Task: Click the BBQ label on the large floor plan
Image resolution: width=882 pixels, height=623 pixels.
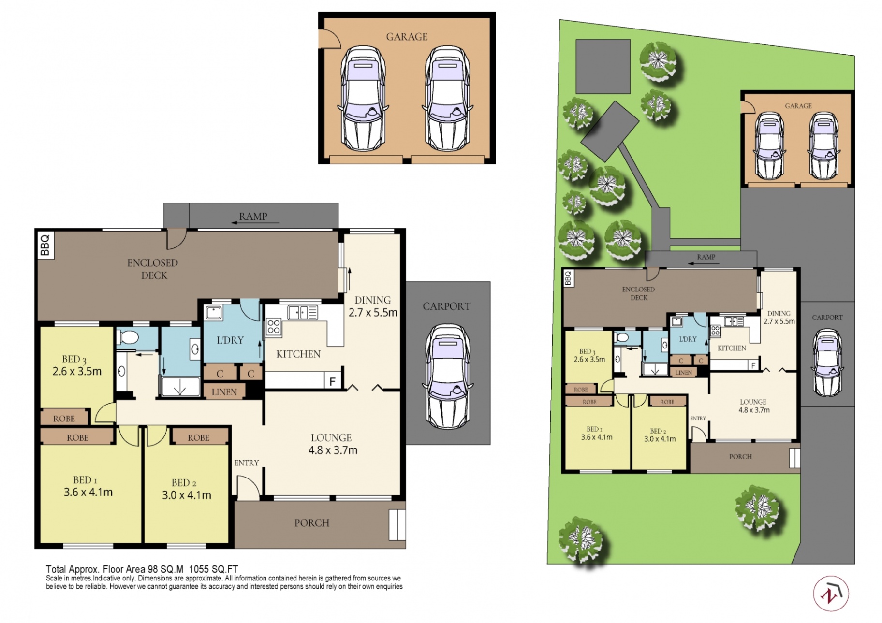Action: (45, 245)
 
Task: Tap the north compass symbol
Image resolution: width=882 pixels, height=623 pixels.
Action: (830, 593)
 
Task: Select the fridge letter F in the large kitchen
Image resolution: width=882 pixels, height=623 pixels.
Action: (332, 381)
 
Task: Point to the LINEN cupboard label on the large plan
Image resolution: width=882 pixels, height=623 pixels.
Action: (224, 392)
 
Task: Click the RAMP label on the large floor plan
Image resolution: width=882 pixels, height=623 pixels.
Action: (253, 216)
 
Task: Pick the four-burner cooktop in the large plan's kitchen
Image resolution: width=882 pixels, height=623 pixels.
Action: (273, 326)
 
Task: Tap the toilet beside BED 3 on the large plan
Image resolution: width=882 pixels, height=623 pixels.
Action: (127, 337)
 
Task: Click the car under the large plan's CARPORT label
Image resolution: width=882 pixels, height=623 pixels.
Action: (447, 376)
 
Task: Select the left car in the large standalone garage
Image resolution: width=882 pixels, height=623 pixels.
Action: (363, 98)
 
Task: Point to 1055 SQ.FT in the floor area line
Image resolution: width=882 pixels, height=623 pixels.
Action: (213, 569)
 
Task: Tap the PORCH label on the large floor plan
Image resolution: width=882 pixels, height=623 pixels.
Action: (312, 522)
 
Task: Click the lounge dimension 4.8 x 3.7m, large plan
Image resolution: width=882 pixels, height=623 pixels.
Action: (333, 450)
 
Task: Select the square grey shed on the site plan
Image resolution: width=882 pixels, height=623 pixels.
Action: (603, 66)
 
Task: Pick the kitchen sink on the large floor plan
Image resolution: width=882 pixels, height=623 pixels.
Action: (303, 312)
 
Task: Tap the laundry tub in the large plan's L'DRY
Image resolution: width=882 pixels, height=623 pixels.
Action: (213, 312)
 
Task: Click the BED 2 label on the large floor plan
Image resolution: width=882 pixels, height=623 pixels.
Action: (184, 482)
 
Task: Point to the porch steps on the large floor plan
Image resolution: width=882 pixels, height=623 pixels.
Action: (397, 524)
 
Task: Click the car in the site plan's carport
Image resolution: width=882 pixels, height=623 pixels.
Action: (827, 362)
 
